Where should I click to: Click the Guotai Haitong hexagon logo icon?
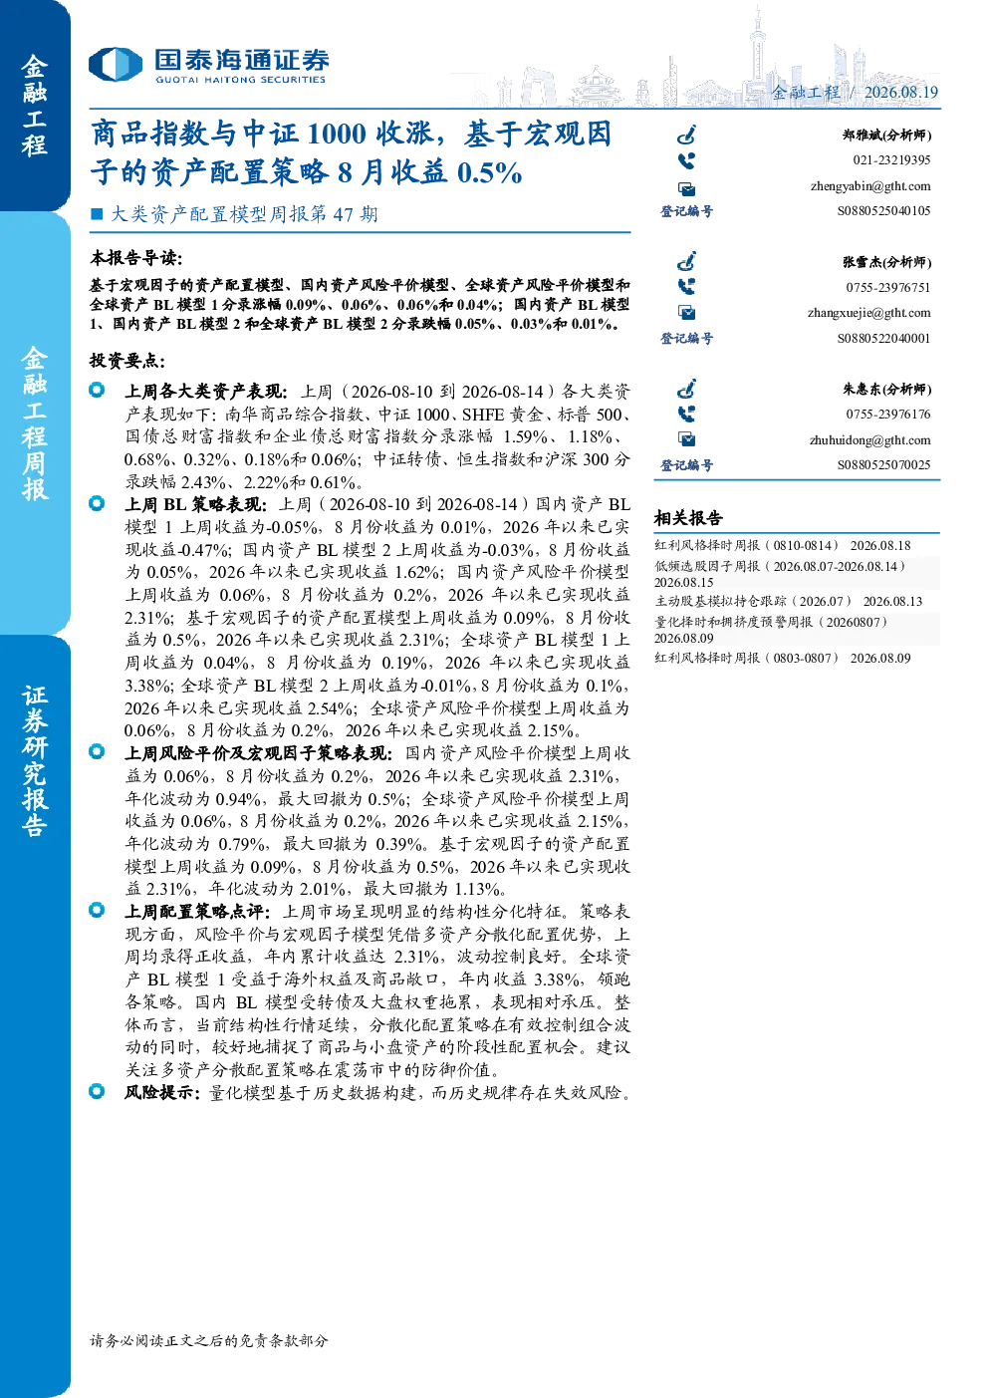[x=116, y=65]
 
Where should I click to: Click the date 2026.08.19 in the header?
[x=901, y=93]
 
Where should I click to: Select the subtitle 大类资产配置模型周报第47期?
[x=244, y=214]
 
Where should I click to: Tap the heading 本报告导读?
[x=136, y=258]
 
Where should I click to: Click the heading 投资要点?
[x=127, y=361]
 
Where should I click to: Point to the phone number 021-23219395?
[x=891, y=160]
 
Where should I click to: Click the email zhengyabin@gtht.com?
[x=870, y=186]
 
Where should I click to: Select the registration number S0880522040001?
[x=883, y=338]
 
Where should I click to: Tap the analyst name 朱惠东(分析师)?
[x=887, y=390]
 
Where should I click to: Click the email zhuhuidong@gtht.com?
[x=869, y=440]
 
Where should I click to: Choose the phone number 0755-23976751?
[x=887, y=288]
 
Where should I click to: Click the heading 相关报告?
[x=688, y=518]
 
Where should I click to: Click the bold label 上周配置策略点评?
[x=196, y=912]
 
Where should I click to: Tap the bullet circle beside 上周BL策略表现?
[x=97, y=503]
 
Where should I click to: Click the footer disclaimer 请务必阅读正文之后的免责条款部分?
[x=209, y=1340]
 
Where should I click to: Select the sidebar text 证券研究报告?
[x=35, y=761]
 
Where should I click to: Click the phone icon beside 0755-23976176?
[x=686, y=415]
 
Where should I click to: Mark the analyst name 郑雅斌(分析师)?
[x=887, y=136]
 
